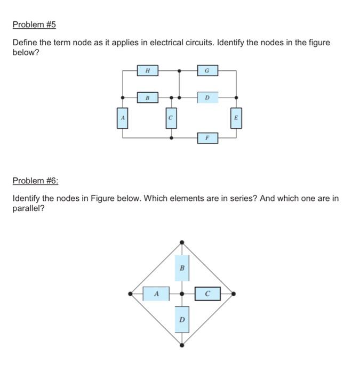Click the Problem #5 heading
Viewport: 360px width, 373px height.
point(34,25)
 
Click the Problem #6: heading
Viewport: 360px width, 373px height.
point(35,181)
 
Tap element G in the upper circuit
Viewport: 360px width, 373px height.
point(207,70)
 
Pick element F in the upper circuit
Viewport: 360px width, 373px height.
point(207,138)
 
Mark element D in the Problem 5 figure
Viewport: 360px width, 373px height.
point(207,98)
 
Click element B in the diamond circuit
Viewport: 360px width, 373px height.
point(182,268)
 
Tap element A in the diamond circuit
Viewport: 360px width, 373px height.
point(156,294)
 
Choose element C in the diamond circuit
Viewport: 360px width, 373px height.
point(207,294)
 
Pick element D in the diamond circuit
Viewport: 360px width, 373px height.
point(182,320)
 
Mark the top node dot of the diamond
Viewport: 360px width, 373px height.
point(182,242)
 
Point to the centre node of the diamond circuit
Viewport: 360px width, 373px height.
point(182,294)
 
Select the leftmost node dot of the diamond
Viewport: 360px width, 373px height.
point(131,294)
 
